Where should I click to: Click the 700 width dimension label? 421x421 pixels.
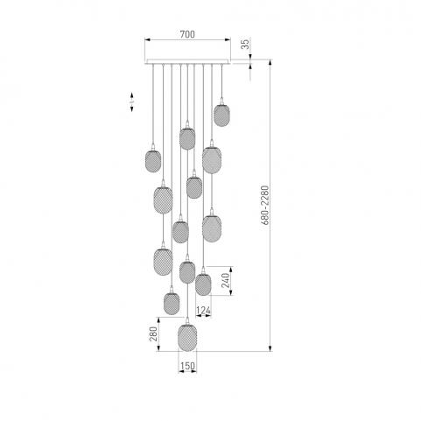(x=187, y=34)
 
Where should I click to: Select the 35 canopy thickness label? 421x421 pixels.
(x=246, y=44)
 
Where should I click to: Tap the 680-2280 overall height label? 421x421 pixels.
(x=265, y=205)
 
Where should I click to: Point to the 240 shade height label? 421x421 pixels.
(x=226, y=280)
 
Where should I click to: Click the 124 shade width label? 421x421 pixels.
(x=203, y=311)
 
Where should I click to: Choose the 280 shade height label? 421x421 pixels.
(x=153, y=333)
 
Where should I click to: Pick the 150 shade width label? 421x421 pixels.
(x=187, y=366)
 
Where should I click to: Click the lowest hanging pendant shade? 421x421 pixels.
(x=187, y=338)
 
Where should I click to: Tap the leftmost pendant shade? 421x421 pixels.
(x=153, y=161)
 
